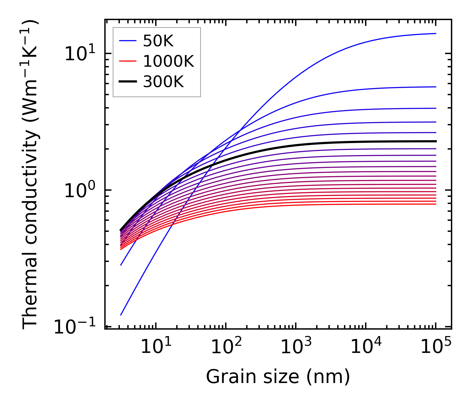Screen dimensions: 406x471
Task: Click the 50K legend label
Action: click(x=158, y=41)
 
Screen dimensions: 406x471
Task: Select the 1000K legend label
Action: click(x=168, y=62)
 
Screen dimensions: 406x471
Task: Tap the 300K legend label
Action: click(x=163, y=82)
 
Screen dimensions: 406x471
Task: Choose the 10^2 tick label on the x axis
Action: click(x=226, y=347)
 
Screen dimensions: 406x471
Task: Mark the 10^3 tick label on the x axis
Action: click(x=296, y=347)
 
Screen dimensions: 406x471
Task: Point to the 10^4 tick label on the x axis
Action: click(x=366, y=347)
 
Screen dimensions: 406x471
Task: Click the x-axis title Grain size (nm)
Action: click(x=278, y=377)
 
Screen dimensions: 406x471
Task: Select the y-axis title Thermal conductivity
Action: click(x=30, y=175)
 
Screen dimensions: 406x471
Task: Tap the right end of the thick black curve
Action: click(x=436, y=141)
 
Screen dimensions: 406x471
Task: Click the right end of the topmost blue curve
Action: click(x=436, y=33)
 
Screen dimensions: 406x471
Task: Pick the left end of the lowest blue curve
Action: click(x=121, y=315)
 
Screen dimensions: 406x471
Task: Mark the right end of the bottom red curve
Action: click(x=436, y=204)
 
